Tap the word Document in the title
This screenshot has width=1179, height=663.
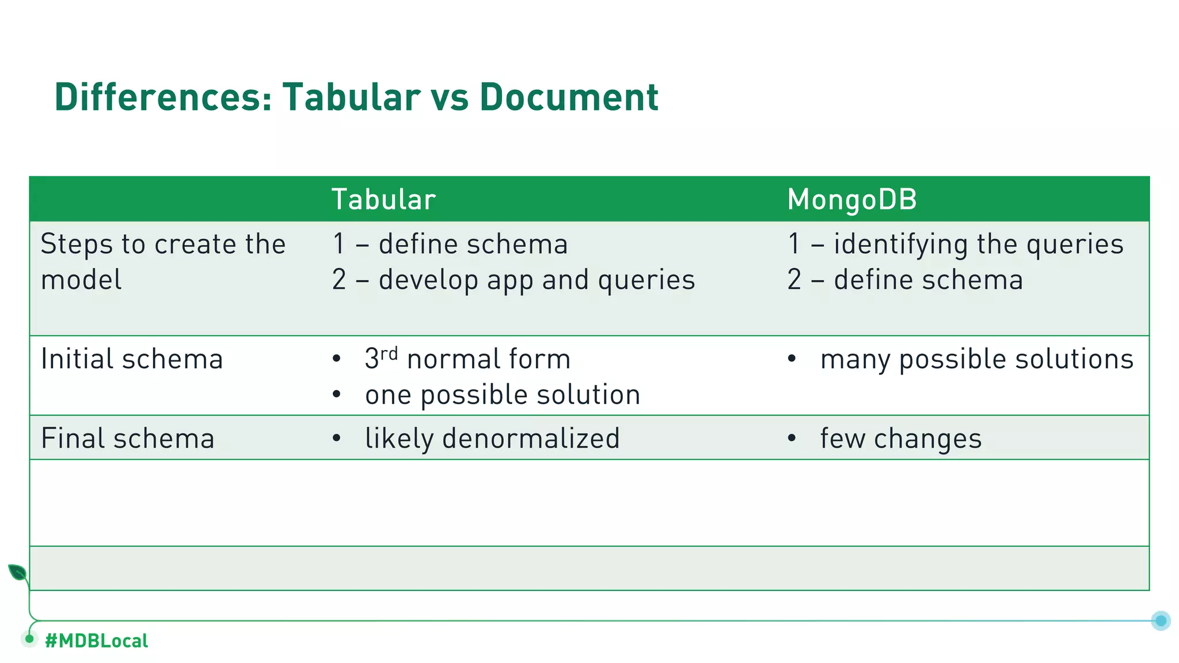pyautogui.click(x=569, y=97)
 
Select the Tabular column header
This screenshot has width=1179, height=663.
pyautogui.click(x=383, y=200)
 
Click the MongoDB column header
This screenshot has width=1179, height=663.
pyautogui.click(x=851, y=200)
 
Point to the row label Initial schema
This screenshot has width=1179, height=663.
pyautogui.click(x=132, y=359)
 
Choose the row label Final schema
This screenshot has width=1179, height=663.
pyautogui.click(x=128, y=439)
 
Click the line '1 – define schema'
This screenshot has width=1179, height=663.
pyautogui.click(x=450, y=244)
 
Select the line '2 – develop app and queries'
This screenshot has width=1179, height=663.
pyautogui.click(x=513, y=280)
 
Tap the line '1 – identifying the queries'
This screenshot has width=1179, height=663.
pyautogui.click(x=955, y=244)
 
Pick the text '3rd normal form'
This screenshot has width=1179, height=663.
pyautogui.click(x=467, y=359)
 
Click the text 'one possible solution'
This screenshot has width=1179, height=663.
pyautogui.click(x=503, y=395)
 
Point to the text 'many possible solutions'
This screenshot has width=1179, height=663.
pyautogui.click(x=976, y=359)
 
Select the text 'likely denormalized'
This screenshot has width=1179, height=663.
pyautogui.click(x=492, y=439)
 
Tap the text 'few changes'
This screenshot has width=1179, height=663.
pyautogui.click(x=901, y=439)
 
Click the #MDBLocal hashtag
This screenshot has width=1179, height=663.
pyautogui.click(x=96, y=641)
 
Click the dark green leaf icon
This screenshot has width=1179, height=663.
pyautogui.click(x=17, y=573)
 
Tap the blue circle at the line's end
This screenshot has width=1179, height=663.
pyautogui.click(x=1161, y=620)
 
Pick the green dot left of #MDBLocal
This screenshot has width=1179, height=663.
pyautogui.click(x=29, y=639)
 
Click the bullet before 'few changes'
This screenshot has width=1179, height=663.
pyautogui.click(x=792, y=439)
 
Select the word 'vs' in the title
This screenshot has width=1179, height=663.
pyautogui.click(x=449, y=97)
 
